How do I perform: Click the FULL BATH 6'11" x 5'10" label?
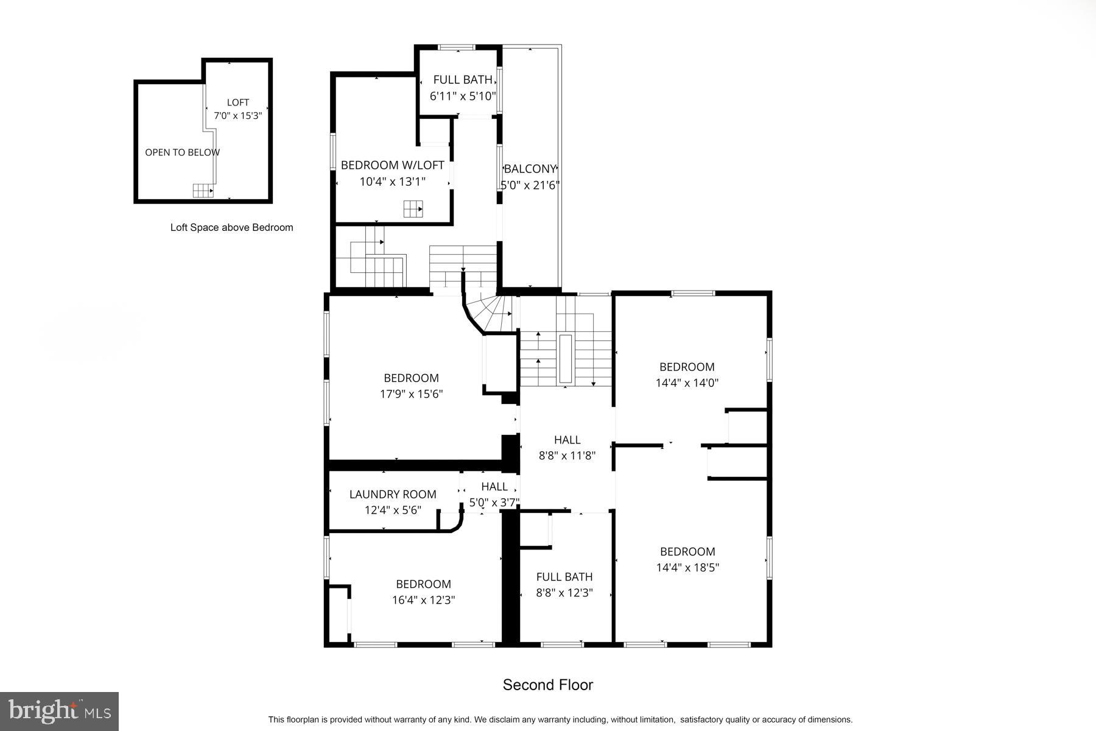tap(463, 88)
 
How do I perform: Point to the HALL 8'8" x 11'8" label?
tap(567, 447)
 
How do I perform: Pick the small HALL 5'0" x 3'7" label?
tap(494, 494)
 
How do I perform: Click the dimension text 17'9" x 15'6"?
tap(411, 394)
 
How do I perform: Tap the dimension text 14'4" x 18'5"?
tap(687, 568)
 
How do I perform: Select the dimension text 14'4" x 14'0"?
tap(687, 383)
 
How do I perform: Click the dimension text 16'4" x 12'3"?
tap(423, 600)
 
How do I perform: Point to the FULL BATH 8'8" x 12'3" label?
tap(564, 584)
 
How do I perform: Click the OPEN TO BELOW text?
tap(182, 153)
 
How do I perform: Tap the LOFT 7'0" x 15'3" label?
tap(237, 108)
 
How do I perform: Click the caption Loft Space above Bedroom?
tap(231, 228)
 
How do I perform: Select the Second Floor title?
tap(547, 685)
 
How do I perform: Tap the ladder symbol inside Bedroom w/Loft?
tap(413, 209)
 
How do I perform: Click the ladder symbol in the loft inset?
tap(203, 191)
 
